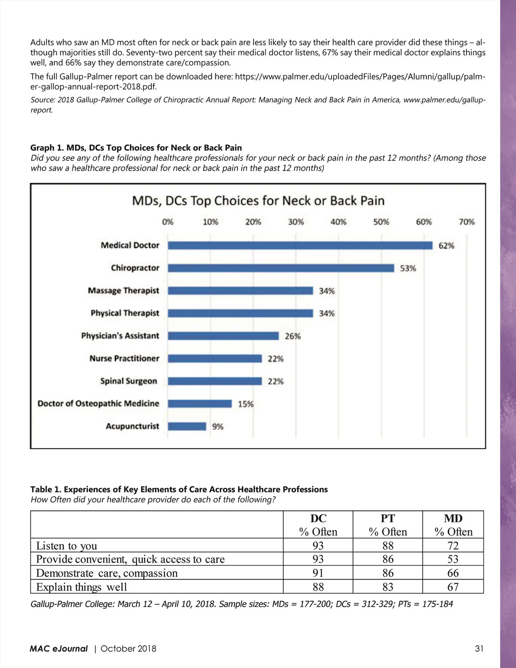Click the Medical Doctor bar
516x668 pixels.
pyautogui.click(x=300, y=245)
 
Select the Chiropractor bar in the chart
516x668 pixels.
pyautogui.click(x=281, y=268)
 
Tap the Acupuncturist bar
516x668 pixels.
pyautogui.click(x=187, y=426)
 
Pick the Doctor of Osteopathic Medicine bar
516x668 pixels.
pyautogui.click(x=200, y=403)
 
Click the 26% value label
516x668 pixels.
pyautogui.click(x=292, y=336)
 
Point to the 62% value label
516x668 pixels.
pyautogui.click(x=446, y=246)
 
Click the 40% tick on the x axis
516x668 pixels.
pyautogui.click(x=338, y=222)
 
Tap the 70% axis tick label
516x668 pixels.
pyautogui.click(x=466, y=222)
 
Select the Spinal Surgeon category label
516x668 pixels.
pyautogui.click(x=129, y=381)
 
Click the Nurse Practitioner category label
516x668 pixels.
pyautogui.click(x=124, y=358)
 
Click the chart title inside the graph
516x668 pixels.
pyautogui.click(x=258, y=201)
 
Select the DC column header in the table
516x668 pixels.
pyautogui.click(x=318, y=518)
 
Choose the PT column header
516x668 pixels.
pyautogui.click(x=387, y=518)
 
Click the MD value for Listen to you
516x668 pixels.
pyautogui.click(x=453, y=545)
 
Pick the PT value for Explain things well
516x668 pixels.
pyautogui.click(x=387, y=587)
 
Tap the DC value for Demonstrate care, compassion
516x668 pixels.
pyautogui.click(x=318, y=573)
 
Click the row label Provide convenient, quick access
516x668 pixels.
pyautogui.click(x=130, y=559)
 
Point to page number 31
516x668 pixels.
pyautogui.click(x=479, y=649)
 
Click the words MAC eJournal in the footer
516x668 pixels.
pyautogui.click(x=58, y=649)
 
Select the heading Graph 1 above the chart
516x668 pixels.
pyautogui.click(x=136, y=148)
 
